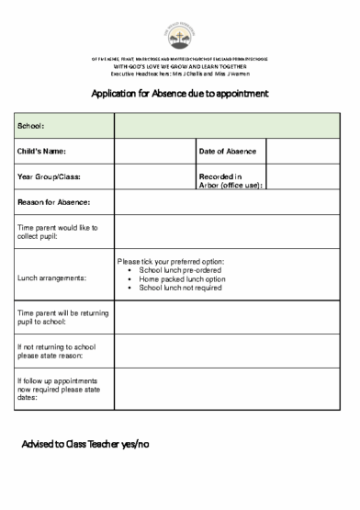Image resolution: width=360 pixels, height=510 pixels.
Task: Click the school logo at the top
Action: coord(180,33)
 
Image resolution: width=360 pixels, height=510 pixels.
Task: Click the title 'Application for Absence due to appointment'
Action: coord(179,93)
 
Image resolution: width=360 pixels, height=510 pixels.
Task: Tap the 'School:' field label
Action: coord(31,125)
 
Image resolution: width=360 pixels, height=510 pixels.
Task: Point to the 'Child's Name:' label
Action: coord(42,151)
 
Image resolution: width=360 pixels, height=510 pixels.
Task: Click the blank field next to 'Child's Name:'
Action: coord(153,151)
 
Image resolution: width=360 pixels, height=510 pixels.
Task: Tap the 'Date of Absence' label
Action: coord(226,151)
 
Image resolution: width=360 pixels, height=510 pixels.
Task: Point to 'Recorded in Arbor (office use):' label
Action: coord(230,180)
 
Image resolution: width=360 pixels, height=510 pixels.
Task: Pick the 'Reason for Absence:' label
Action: coord(53,202)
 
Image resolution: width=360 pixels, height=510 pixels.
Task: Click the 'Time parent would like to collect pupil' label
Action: coord(57,231)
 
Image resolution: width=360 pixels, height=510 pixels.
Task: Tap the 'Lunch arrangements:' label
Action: coord(51,277)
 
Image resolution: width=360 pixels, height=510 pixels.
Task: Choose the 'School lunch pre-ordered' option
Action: coord(181,271)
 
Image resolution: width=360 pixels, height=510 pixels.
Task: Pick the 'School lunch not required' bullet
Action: coord(179,288)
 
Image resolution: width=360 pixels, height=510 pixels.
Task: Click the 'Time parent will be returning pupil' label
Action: coord(57,318)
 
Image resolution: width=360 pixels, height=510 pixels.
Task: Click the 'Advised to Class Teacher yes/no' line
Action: coord(84,444)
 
